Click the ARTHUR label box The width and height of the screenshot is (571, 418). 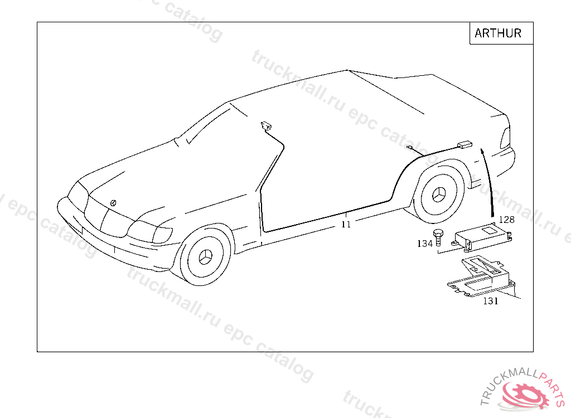(x=498, y=33)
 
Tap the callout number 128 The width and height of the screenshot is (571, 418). (x=506, y=220)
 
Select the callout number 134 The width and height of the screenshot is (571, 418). (x=425, y=244)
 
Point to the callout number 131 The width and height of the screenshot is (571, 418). (x=491, y=302)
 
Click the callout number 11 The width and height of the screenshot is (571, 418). (x=346, y=224)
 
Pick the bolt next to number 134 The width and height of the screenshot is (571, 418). (x=439, y=237)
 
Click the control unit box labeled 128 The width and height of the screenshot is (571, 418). (x=483, y=234)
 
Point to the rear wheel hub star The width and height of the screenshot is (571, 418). (x=440, y=195)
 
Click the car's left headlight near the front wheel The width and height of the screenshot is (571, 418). (x=149, y=231)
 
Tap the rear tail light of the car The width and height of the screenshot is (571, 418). (x=505, y=137)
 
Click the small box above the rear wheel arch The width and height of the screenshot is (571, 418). (x=464, y=145)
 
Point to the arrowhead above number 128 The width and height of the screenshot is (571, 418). (x=483, y=151)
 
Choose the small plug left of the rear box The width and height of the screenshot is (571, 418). (x=410, y=148)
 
